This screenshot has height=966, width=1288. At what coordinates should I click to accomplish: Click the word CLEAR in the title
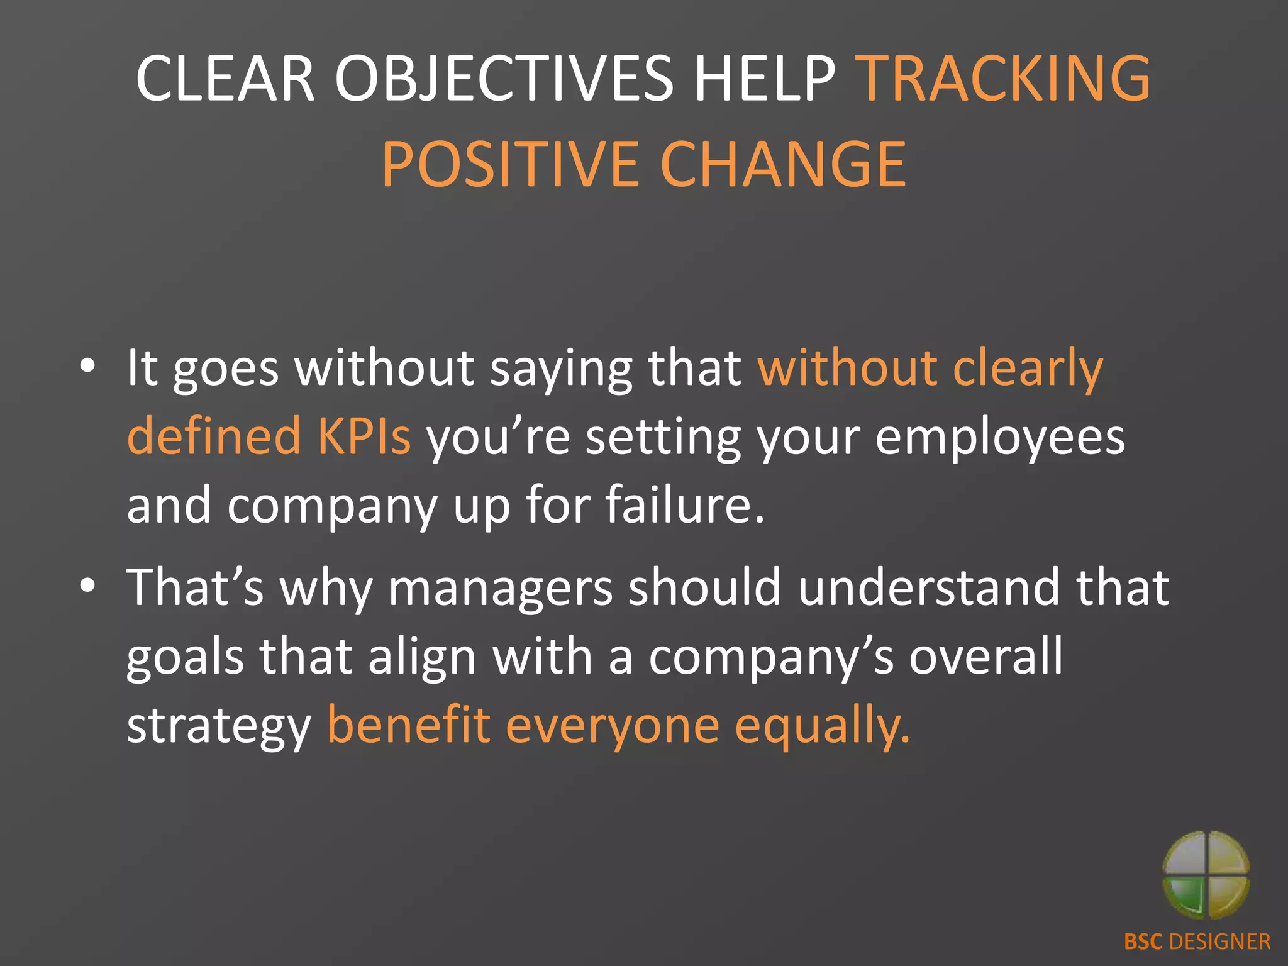point(225,78)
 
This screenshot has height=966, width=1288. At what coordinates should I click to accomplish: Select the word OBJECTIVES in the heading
point(504,78)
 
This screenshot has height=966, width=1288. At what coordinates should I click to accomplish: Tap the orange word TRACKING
point(1004,78)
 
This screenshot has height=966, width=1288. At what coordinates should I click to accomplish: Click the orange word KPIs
point(364,436)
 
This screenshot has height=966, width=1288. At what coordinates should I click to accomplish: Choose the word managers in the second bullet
point(500,587)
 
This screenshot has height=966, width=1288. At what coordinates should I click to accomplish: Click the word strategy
point(219,726)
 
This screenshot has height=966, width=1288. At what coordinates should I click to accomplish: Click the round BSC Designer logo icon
point(1206,875)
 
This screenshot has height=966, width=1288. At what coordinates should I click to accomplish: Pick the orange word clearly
point(1028,368)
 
